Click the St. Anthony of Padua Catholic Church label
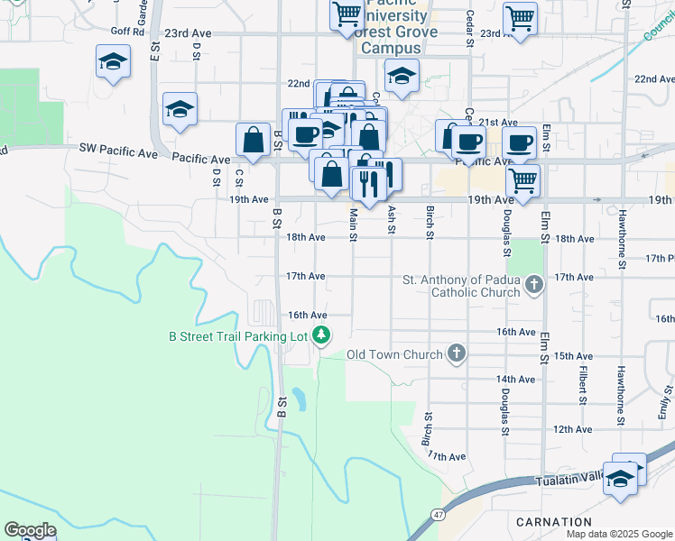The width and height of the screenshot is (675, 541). [461, 286]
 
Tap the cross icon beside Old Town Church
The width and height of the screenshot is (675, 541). [457, 354]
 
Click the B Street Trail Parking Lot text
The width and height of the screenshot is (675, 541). [238, 336]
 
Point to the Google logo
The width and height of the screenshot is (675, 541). [30, 530]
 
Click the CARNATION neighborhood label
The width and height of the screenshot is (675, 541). [554, 522]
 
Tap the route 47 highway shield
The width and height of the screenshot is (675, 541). [438, 513]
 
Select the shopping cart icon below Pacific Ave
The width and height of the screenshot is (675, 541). [522, 181]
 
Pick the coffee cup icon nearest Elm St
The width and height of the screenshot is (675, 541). [519, 142]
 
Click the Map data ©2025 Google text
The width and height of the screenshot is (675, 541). [618, 534]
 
